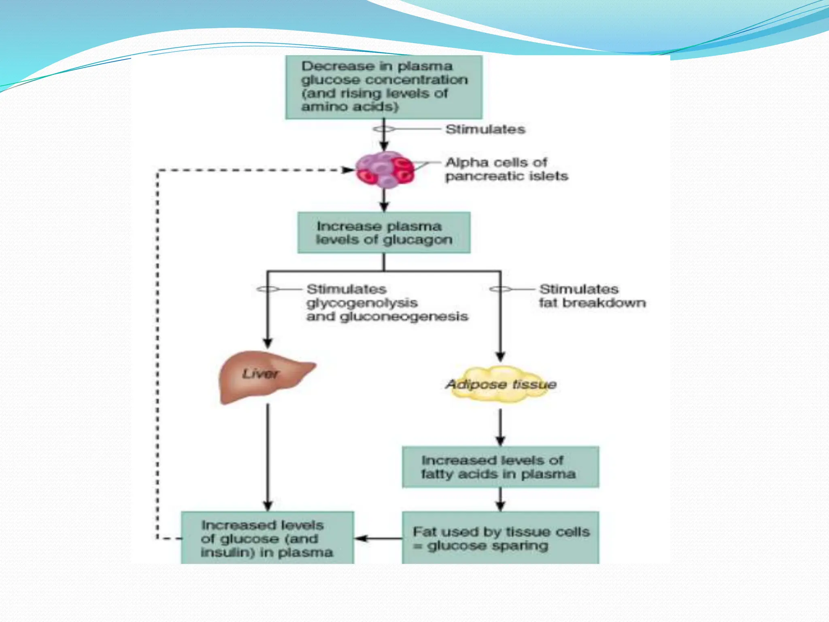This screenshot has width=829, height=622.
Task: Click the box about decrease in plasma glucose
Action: tap(384, 87)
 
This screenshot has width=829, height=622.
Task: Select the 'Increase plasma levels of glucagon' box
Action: tap(384, 233)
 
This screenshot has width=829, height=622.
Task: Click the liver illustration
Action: tap(263, 377)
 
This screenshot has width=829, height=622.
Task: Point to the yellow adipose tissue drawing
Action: tap(501, 384)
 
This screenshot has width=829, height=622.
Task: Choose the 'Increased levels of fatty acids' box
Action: tap(500, 467)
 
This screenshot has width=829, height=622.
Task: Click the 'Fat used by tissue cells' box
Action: tap(500, 538)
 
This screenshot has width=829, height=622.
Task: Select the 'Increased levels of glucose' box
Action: tap(267, 538)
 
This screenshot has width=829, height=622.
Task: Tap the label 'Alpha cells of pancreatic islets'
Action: tap(506, 169)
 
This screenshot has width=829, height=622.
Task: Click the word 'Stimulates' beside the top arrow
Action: tap(485, 129)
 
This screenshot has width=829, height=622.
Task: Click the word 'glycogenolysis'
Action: tap(362, 303)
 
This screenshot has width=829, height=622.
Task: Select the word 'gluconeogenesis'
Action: tap(404, 316)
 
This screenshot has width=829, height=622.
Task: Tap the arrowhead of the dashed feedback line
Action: tap(349, 170)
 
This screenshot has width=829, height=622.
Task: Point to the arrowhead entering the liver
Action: tap(268, 343)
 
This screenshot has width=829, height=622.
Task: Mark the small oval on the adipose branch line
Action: tap(500, 289)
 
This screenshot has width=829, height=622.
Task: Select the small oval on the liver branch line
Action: tap(268, 289)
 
